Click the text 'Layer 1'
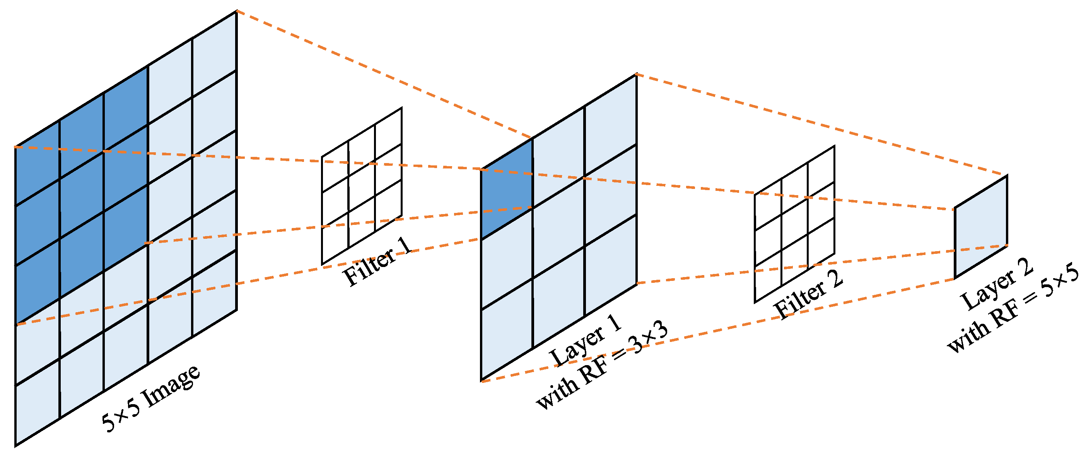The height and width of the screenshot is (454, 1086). tap(586, 341)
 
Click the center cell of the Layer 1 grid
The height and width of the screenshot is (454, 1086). tap(558, 228)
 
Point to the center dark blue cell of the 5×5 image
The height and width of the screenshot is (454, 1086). tap(81, 196)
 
